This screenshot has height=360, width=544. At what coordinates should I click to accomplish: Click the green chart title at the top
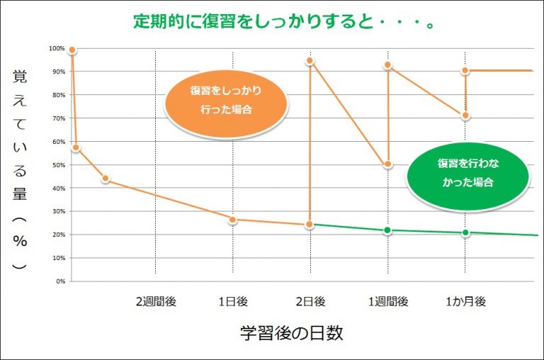284,21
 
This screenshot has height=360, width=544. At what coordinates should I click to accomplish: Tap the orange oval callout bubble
226,101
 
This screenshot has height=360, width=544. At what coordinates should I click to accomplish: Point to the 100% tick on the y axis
57,48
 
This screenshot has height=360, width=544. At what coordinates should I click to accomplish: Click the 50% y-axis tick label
58,164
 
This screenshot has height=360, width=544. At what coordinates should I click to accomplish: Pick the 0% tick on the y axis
60,281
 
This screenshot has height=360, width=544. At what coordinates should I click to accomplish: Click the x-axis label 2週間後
156,301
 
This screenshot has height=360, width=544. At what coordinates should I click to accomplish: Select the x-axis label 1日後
233,301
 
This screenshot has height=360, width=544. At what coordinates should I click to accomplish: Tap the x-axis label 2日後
310,301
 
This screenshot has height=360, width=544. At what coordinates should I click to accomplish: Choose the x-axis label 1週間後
388,301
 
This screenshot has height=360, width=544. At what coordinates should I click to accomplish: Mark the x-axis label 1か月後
465,301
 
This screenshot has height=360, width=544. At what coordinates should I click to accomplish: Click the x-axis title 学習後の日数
291,334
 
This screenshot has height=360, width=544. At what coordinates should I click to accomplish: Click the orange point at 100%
72,50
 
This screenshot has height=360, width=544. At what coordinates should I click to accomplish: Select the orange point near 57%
76,148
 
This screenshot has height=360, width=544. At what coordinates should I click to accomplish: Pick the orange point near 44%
106,179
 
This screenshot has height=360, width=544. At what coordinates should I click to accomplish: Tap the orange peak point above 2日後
310,61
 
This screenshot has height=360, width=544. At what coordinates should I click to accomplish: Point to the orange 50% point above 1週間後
388,164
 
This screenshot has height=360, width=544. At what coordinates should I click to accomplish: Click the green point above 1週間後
387,230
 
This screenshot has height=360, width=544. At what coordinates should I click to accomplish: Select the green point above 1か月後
465,232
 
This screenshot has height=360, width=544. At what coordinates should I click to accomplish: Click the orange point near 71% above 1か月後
465,116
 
